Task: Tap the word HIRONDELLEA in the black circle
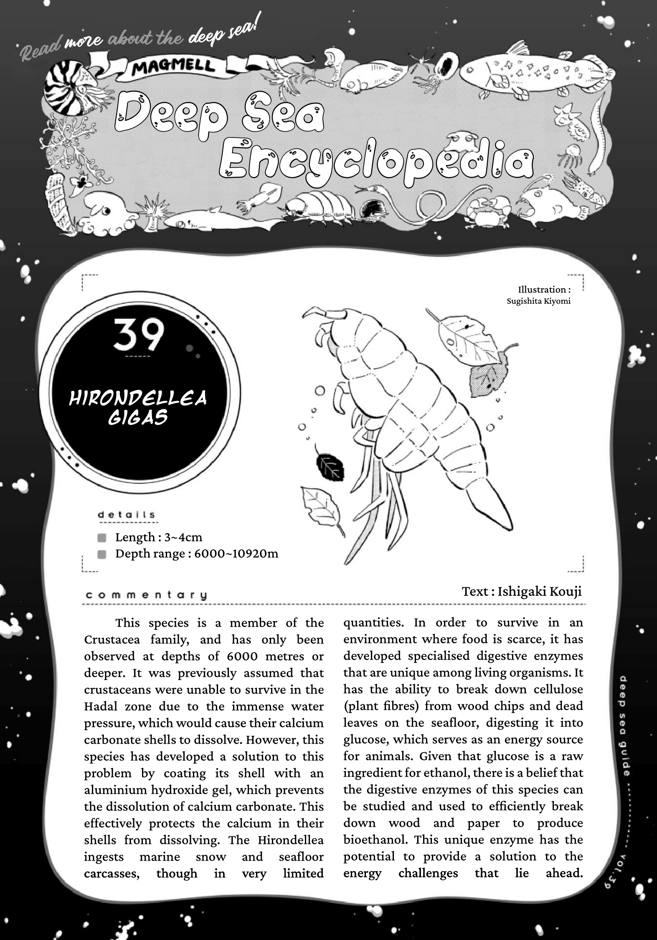(x=138, y=399)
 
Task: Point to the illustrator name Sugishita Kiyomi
(x=538, y=301)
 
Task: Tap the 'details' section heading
(x=127, y=515)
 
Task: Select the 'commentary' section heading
(x=146, y=595)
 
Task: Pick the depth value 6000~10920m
(x=236, y=554)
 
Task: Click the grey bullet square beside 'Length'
(x=101, y=538)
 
